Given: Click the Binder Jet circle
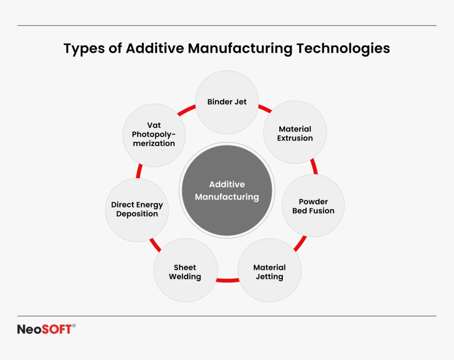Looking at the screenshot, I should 227,102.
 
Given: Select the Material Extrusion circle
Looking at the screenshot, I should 295,133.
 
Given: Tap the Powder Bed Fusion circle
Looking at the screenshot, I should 313,206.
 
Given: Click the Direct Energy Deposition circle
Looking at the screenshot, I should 137,210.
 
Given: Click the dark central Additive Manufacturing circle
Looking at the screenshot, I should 227,191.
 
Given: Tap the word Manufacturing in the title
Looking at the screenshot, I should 240,48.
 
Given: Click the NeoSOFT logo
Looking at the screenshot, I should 44,329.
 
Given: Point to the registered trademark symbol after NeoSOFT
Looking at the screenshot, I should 74,326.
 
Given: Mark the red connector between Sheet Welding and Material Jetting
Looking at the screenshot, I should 227,280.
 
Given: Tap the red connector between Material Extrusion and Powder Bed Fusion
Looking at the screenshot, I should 314,166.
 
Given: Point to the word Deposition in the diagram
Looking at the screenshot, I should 137,214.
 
